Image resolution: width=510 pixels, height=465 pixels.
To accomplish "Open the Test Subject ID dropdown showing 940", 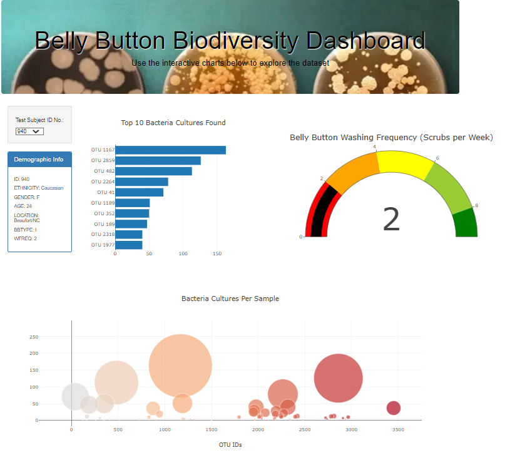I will click(x=29, y=131).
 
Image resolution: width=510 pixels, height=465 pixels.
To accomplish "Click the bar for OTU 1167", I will click(x=170, y=150).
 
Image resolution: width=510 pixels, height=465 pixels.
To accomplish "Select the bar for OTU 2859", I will click(x=158, y=161).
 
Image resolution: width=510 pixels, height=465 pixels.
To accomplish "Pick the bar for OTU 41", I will click(x=139, y=192).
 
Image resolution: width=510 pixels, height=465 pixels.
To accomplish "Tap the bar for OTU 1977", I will click(x=128, y=245).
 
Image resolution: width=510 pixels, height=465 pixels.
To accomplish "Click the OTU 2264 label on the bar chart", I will click(x=103, y=182).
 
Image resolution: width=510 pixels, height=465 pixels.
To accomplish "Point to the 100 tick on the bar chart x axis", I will click(x=183, y=254).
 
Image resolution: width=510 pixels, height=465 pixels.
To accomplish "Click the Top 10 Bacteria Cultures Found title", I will click(x=173, y=123).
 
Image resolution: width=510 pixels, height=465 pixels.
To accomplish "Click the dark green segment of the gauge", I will click(x=466, y=224).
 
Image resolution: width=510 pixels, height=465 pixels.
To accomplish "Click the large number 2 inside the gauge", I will click(x=391, y=220).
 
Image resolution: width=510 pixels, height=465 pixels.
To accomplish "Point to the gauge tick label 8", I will click(x=476, y=206).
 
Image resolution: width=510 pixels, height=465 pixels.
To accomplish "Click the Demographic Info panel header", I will click(x=39, y=160).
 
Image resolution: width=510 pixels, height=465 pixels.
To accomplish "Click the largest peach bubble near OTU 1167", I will click(x=180, y=365).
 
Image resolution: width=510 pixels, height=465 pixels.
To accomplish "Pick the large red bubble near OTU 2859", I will click(x=339, y=378).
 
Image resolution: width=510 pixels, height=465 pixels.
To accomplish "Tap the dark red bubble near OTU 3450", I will click(x=393, y=408).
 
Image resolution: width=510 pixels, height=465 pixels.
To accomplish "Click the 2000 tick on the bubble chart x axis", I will click(x=258, y=430).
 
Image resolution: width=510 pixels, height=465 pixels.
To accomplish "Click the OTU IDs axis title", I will click(x=230, y=445).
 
